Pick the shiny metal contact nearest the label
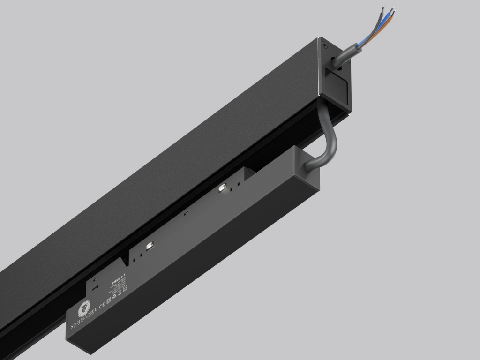click(x=150, y=245)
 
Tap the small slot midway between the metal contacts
click(x=186, y=214)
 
